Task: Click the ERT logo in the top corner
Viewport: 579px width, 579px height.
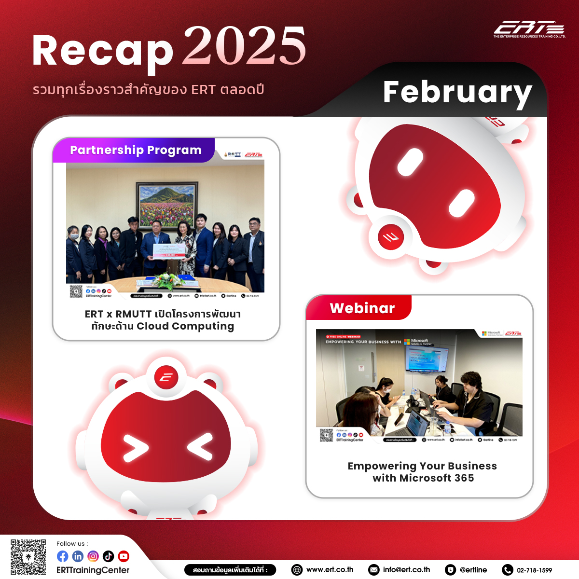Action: pos(529,29)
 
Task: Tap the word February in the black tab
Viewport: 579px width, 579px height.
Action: pos(457,92)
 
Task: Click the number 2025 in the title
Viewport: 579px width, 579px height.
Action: pos(244,46)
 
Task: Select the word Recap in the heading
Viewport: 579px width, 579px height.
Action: pos(102,51)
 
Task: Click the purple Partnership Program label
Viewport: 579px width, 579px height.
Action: pos(135,150)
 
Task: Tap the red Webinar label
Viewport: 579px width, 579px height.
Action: pos(362,308)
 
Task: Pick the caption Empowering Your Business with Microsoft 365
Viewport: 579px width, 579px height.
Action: pos(423,472)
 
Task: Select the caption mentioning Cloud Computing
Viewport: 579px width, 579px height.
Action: pos(163,320)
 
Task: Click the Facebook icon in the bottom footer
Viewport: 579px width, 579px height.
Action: pos(63,556)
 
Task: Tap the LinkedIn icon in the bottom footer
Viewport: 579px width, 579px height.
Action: pos(78,556)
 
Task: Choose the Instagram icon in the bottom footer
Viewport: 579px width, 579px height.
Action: pos(93,556)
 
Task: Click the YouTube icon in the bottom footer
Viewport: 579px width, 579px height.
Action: pos(124,556)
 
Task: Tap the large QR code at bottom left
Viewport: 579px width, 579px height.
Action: pos(28,557)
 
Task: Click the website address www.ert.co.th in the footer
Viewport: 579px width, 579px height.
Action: pos(330,570)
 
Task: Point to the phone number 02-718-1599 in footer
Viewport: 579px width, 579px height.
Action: pos(534,570)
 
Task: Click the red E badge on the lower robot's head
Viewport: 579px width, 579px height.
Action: pos(166,377)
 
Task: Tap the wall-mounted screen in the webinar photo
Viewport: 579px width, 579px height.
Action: pos(427,359)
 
